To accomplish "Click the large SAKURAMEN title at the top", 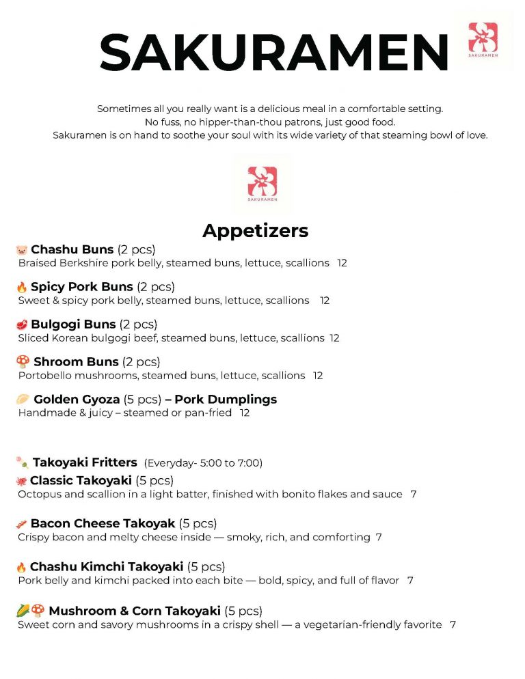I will [273, 52].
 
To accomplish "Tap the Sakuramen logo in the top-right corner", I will [483, 40].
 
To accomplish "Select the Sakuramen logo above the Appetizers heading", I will [262, 184].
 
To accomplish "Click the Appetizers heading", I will [255, 231].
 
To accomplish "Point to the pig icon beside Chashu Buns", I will [21, 250].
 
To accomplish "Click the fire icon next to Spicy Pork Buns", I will [21, 288].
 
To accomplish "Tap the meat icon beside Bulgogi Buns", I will [21, 324].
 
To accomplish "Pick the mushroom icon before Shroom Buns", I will [23, 362].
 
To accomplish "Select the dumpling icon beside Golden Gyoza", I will [23, 399].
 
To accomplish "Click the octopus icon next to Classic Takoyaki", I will [21, 481].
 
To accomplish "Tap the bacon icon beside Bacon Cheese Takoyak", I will [21, 525].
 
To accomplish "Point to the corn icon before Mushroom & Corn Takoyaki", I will [23, 611].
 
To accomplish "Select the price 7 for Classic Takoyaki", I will [414, 494].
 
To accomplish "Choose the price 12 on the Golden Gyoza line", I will [245, 413].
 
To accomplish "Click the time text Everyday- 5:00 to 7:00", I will [203, 463].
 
